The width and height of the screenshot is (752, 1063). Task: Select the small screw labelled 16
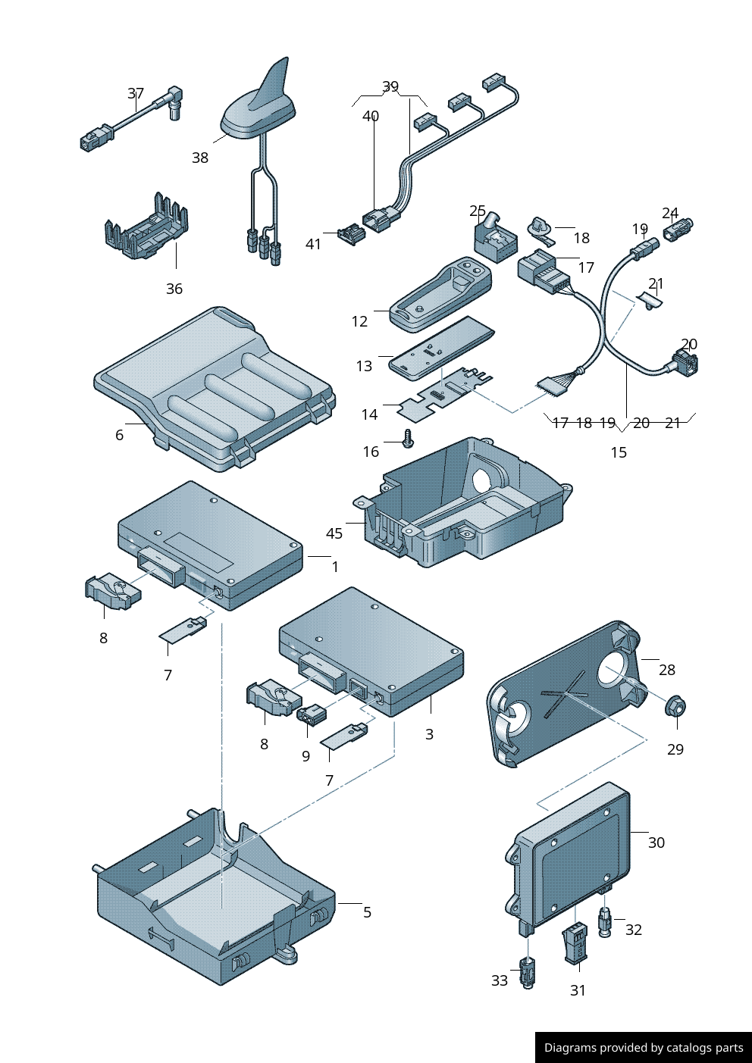pyautogui.click(x=409, y=438)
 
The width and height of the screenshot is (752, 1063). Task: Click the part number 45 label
pyautogui.click(x=334, y=533)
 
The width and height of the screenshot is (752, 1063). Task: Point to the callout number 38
pyautogui.click(x=200, y=158)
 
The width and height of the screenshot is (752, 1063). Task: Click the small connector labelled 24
pyautogui.click(x=678, y=228)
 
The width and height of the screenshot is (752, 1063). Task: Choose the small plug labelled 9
pyautogui.click(x=312, y=714)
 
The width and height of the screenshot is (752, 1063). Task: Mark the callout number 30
pyautogui.click(x=656, y=843)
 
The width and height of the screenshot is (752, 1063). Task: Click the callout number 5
pyautogui.click(x=367, y=912)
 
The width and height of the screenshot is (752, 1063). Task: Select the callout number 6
pyautogui.click(x=119, y=435)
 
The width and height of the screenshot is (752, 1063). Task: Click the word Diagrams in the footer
pyautogui.click(x=569, y=1048)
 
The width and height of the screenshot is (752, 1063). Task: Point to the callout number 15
pyautogui.click(x=619, y=452)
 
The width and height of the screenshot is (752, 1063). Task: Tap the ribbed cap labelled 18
pyautogui.click(x=540, y=227)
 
